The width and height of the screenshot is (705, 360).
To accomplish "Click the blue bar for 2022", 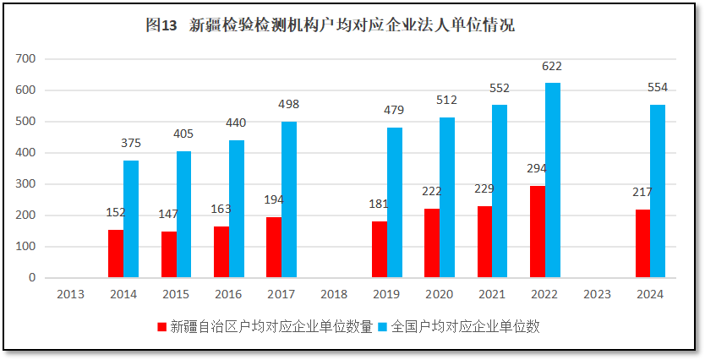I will pyautogui.click(x=553, y=180).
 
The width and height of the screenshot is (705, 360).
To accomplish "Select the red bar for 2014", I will pyautogui.click(x=116, y=254).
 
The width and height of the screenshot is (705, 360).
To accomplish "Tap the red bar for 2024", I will pyautogui.click(x=643, y=243).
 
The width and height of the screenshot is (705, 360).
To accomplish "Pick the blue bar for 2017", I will pyautogui.click(x=289, y=199).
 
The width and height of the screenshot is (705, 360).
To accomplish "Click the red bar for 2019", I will pyautogui.click(x=380, y=249).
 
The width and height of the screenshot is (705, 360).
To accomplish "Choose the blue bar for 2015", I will pyautogui.click(x=183, y=214).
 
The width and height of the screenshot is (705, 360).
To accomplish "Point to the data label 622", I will pyautogui.click(x=552, y=66).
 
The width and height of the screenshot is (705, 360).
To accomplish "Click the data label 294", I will pyautogui.click(x=537, y=168).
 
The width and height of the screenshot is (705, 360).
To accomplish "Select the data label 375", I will pyautogui.click(x=131, y=143).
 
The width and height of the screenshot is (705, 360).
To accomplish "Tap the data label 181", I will pyautogui.click(x=380, y=204).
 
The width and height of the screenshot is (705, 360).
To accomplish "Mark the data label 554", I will pyautogui.click(x=658, y=87).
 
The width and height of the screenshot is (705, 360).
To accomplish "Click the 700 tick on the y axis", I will pyautogui.click(x=26, y=58).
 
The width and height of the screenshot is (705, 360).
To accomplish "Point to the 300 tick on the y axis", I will pyautogui.click(x=26, y=183).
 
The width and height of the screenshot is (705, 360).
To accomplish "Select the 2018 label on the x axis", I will pyautogui.click(x=334, y=293).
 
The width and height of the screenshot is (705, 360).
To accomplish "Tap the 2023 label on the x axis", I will pyautogui.click(x=598, y=293).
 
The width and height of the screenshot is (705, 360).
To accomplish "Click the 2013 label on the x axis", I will pyautogui.click(x=70, y=293).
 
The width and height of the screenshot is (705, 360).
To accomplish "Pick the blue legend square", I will pyautogui.click(x=382, y=326).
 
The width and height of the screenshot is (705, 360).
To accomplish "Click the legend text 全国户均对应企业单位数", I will pyautogui.click(x=464, y=326).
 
